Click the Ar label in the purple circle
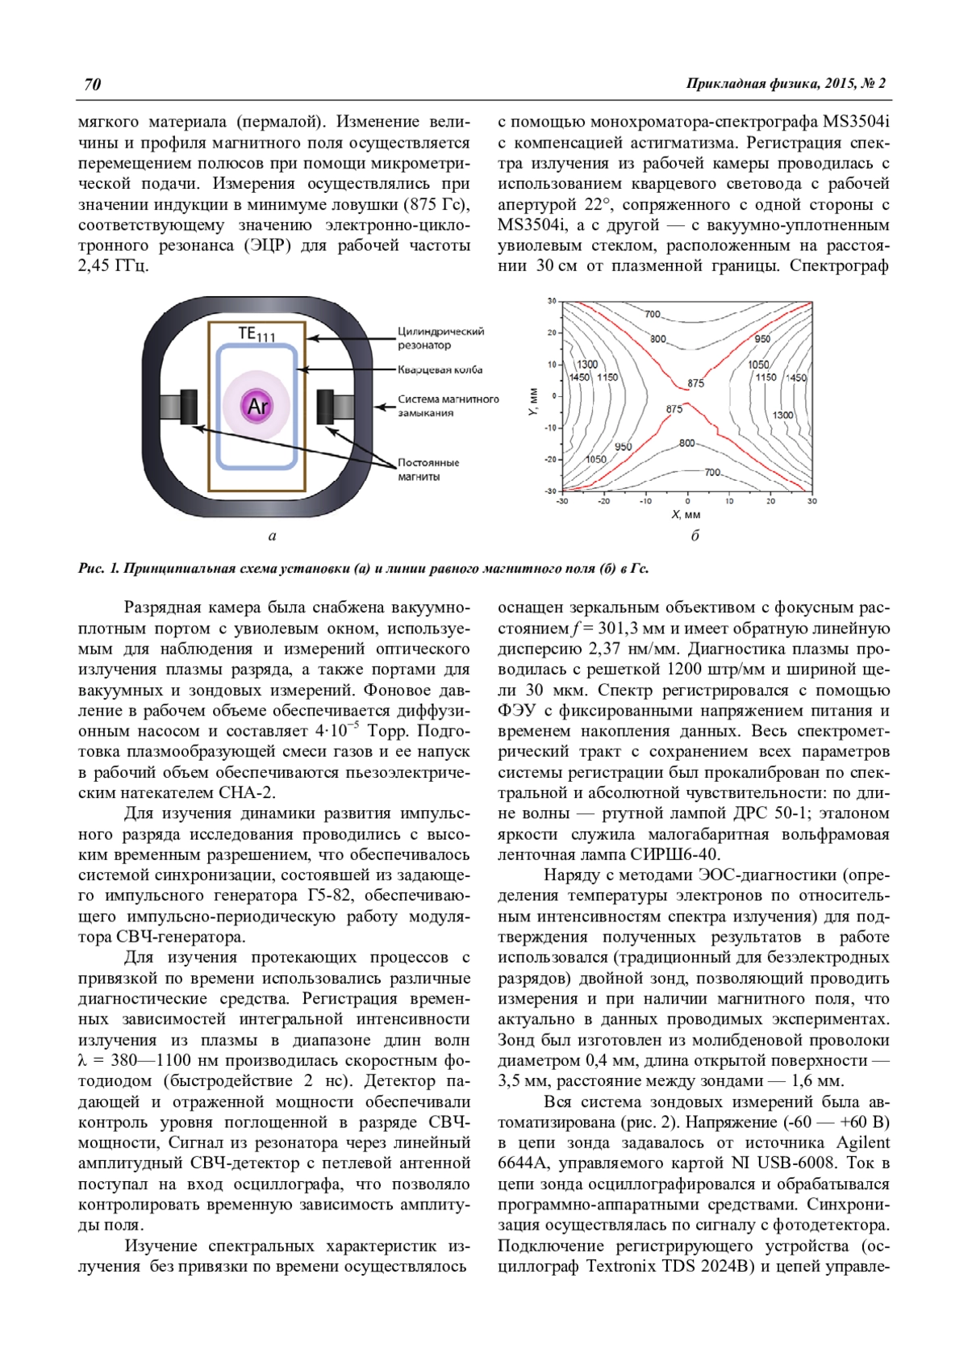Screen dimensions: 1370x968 pyautogui.click(x=257, y=406)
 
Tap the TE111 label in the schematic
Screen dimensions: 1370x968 pyautogui.click(x=257, y=334)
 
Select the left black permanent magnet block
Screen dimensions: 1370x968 pyautogui.click(x=188, y=407)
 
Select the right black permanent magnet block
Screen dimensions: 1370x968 pyautogui.click(x=325, y=406)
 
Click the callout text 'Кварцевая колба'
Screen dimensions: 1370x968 pyautogui.click(x=440, y=370)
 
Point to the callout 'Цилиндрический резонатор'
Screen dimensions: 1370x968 pyautogui.click(x=440, y=338)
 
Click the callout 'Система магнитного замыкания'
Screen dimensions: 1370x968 pyautogui.click(x=448, y=406)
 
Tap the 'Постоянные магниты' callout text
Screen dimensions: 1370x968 pyautogui.click(x=428, y=470)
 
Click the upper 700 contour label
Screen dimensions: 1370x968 pyautogui.click(x=653, y=314)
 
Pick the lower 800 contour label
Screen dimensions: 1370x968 pyautogui.click(x=686, y=443)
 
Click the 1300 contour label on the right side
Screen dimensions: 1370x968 pyautogui.click(x=782, y=415)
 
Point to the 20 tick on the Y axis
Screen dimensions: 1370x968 pyautogui.click(x=552, y=332)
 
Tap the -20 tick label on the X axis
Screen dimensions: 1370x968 pyautogui.click(x=604, y=501)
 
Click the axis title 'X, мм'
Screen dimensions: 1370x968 pyautogui.click(x=686, y=515)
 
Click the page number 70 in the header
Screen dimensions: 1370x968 pyautogui.click(x=92, y=85)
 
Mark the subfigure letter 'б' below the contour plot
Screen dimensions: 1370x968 pyautogui.click(x=695, y=536)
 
